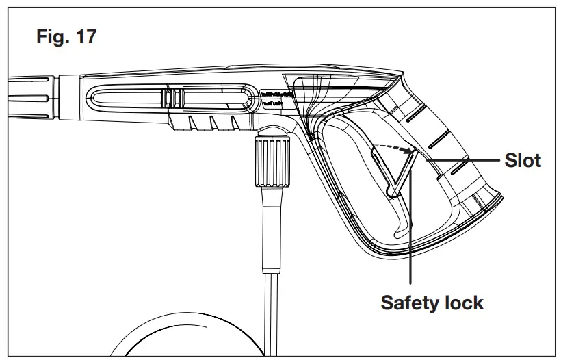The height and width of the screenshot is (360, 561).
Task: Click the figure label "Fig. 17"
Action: click(66, 36)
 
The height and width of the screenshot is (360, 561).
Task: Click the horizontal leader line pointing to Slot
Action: click(465, 159)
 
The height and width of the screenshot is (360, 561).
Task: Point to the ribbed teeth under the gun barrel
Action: click(212, 123)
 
